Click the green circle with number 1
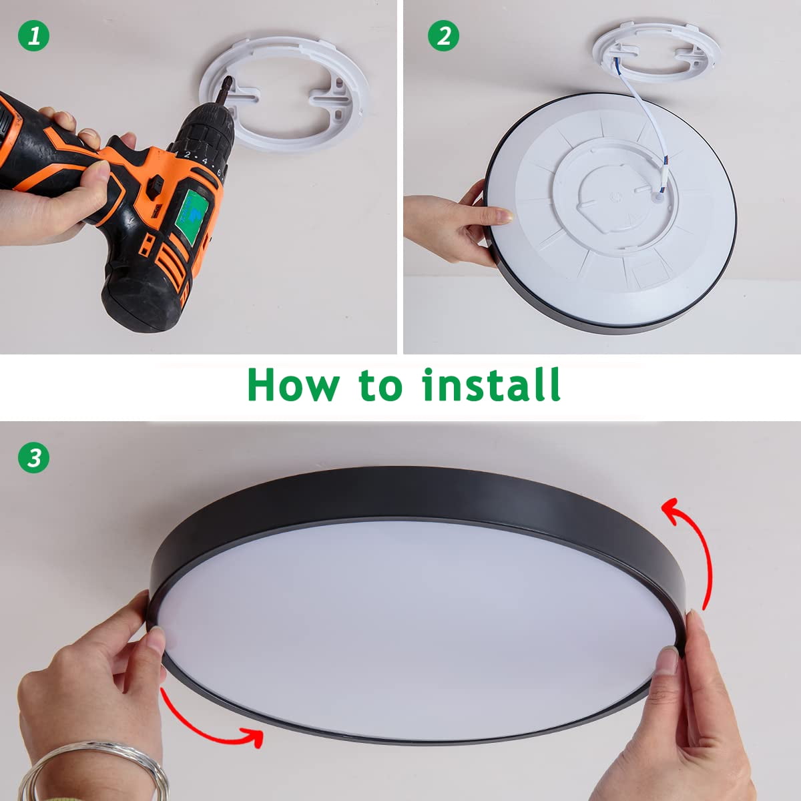click(x=33, y=36)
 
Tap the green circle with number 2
click(x=443, y=36)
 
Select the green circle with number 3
click(x=33, y=458)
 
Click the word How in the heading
click(x=294, y=384)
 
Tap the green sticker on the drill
click(x=191, y=216)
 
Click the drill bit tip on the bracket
click(x=228, y=77)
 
